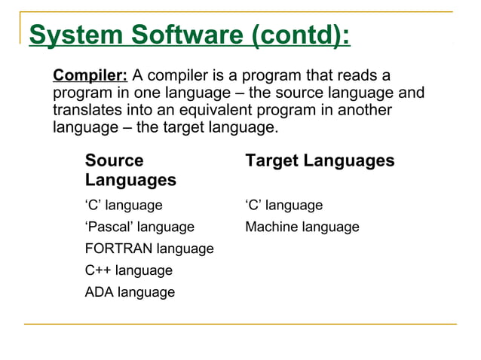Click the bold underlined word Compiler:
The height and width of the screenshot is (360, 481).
[91, 76]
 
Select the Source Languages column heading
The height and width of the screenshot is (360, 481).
[130, 170]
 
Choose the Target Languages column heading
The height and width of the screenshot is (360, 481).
[320, 161]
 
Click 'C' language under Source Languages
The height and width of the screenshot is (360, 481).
[124, 206]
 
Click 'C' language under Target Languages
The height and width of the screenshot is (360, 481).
[283, 206]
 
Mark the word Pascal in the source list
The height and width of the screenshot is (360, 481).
[112, 227]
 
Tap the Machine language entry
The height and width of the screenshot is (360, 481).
[302, 227]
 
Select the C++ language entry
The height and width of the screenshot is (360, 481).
[129, 270]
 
